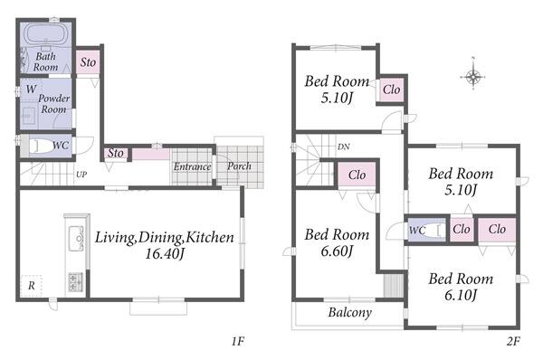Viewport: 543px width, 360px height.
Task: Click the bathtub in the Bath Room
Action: click(45, 34)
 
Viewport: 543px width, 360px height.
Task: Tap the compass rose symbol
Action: click(472, 77)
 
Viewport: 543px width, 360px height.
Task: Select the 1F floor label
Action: click(238, 342)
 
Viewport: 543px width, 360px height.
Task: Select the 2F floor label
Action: click(513, 342)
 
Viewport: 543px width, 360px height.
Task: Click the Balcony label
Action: click(349, 313)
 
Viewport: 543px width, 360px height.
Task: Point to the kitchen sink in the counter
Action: click(76, 238)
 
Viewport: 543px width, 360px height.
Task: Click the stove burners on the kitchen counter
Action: click(75, 282)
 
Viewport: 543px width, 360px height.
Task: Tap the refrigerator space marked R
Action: click(31, 286)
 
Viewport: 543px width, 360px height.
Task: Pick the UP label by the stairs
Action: click(81, 175)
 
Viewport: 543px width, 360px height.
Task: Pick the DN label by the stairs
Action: click(343, 147)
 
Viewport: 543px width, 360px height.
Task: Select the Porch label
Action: click(239, 166)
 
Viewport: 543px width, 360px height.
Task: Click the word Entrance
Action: click(192, 166)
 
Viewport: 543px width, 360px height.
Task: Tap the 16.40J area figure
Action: click(164, 254)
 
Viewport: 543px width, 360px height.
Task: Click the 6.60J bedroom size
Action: click(337, 251)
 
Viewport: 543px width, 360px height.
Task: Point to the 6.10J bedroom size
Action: click(461, 295)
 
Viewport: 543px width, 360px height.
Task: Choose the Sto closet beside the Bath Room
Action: click(88, 62)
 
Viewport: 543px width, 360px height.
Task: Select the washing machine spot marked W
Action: click(31, 90)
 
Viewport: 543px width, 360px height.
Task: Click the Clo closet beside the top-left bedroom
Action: click(391, 90)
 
